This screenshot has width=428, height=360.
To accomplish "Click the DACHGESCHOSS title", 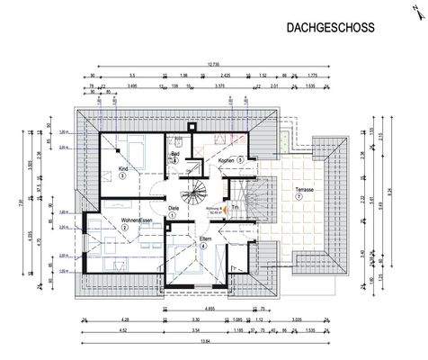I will (330, 28).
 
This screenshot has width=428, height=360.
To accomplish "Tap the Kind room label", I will (124, 168).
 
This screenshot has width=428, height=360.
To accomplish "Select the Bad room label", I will (177, 154).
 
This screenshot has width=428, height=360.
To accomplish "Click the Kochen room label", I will (226, 160).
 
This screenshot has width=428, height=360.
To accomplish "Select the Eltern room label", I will (205, 238).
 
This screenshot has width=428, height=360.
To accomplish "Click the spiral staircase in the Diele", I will (194, 192).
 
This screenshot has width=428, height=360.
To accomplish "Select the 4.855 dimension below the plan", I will (209, 309).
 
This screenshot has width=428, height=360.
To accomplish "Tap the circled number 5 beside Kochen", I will (240, 160).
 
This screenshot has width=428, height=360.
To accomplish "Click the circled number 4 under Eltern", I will (205, 247).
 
